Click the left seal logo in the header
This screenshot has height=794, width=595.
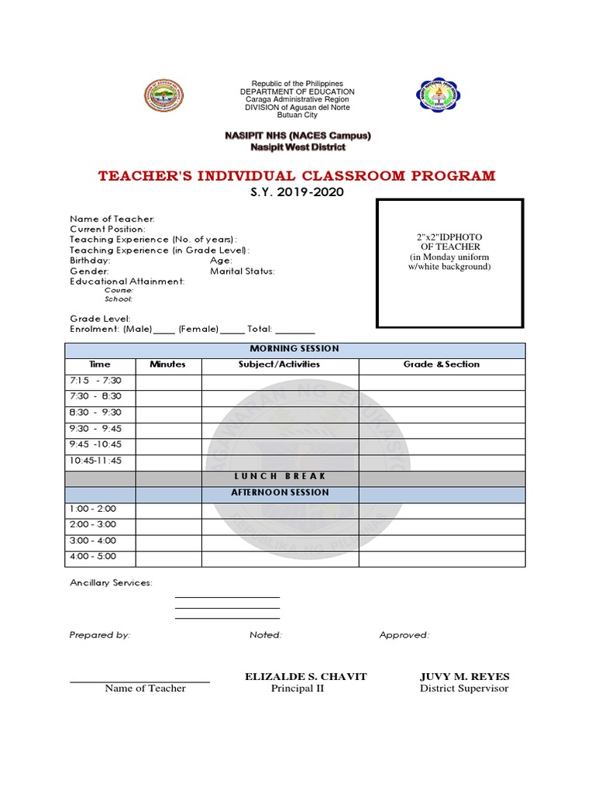click(163, 97)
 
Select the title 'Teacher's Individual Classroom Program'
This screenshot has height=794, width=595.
click(297, 175)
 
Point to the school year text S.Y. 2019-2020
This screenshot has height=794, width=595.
click(297, 192)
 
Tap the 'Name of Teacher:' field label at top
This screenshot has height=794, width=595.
click(112, 219)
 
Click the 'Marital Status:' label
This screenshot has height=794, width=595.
click(242, 271)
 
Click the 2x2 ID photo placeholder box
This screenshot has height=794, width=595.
click(449, 262)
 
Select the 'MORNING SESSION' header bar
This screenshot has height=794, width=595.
click(294, 349)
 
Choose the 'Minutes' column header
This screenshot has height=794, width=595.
click(168, 364)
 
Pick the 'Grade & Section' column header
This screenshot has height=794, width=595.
click(442, 364)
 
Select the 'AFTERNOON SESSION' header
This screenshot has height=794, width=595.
click(291, 493)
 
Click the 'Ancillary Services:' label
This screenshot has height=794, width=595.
click(111, 583)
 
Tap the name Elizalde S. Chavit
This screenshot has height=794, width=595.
click(305, 677)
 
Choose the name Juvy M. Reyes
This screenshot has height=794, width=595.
click(464, 677)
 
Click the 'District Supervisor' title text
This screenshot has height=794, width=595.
click(464, 689)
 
